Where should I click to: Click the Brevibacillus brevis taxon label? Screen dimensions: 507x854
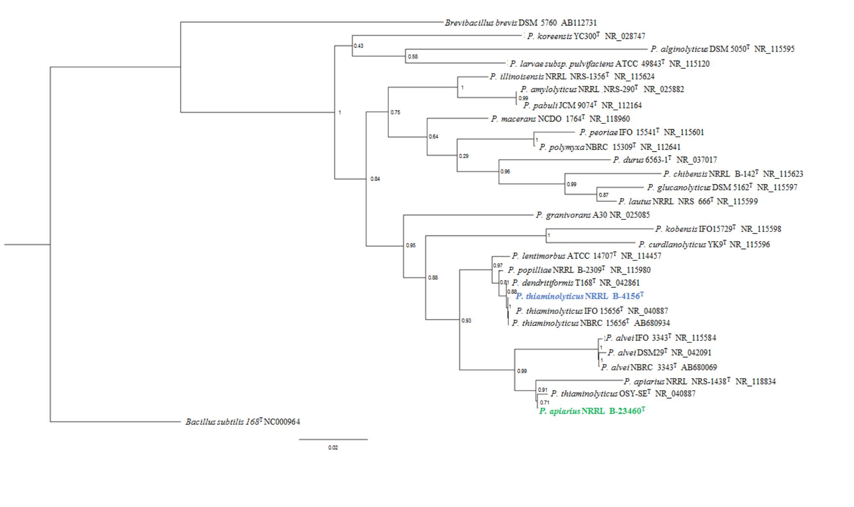(520, 23)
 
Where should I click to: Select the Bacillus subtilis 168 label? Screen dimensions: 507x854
(243, 422)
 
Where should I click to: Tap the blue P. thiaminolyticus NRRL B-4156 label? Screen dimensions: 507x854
(580, 296)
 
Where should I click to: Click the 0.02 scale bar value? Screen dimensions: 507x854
(333, 448)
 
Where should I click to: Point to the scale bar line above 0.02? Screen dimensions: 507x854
(333, 439)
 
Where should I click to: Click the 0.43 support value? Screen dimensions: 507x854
(358, 46)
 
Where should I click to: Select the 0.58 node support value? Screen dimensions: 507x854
(413, 57)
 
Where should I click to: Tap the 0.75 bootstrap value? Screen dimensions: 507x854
(395, 112)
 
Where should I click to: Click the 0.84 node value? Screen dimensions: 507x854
(375, 179)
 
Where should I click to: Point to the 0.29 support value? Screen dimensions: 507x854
(464, 156)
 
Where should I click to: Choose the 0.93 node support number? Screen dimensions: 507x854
(466, 321)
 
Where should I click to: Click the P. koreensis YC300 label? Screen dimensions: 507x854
(586, 36)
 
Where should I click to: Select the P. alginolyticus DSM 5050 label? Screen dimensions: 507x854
(722, 49)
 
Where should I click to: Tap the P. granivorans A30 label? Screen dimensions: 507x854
(593, 215)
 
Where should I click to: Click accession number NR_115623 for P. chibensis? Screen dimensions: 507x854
(783, 174)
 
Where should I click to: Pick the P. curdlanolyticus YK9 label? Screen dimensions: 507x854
(704, 245)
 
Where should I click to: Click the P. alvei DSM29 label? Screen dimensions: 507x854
(659, 353)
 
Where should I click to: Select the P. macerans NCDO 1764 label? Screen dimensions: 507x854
(560, 119)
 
